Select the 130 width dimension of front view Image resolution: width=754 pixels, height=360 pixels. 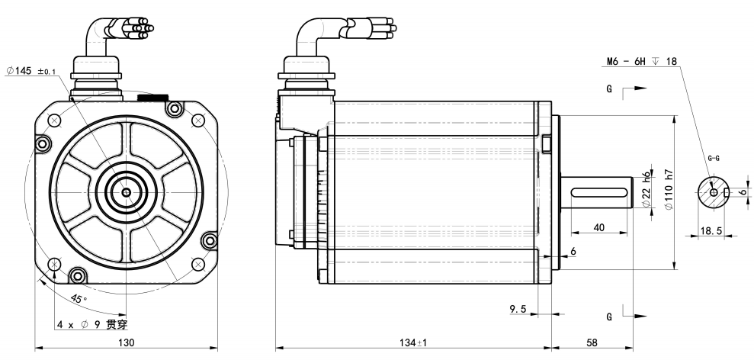pos(119,342)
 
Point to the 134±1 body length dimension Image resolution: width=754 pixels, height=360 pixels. pos(412,342)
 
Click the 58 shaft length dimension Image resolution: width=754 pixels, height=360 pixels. pos(593,342)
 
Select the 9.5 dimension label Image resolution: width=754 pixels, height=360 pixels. pos(519,308)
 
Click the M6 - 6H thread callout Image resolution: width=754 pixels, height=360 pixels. pos(637,61)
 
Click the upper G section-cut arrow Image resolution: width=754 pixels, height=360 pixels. pos(634,89)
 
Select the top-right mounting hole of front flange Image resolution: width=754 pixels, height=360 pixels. pos(198,121)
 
